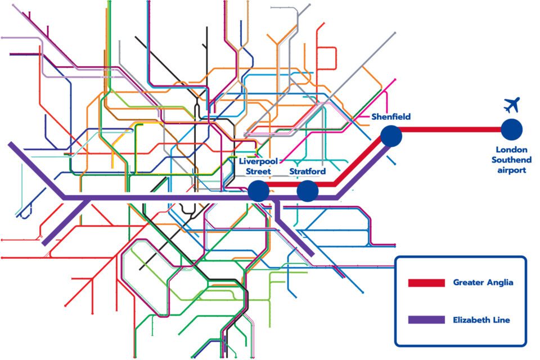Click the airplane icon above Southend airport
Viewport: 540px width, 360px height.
coord(512,105)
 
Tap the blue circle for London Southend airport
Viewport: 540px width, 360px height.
coord(512,129)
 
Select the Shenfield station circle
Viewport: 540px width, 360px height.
coord(390,136)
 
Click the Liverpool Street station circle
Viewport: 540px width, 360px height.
coord(259,191)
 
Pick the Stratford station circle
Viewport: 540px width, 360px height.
coord(308,191)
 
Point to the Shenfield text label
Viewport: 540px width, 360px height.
coord(391,117)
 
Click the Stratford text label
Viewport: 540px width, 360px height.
coord(307,171)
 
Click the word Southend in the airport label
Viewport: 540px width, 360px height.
coord(511,160)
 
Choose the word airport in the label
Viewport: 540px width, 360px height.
coord(511,169)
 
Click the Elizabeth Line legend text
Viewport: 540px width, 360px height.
coord(481,319)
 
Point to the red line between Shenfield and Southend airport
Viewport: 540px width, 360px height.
coord(450,130)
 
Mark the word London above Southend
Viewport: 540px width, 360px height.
coord(511,150)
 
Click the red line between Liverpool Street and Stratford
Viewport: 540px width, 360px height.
coord(283,184)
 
